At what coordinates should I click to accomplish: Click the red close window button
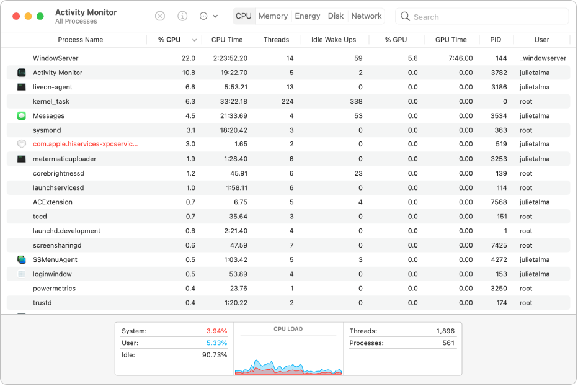16,16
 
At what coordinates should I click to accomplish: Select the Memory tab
273,16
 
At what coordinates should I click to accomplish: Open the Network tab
366,16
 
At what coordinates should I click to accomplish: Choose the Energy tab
308,16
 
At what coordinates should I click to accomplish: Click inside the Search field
484,17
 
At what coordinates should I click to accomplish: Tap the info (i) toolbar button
182,16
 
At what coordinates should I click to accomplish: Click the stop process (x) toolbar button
160,16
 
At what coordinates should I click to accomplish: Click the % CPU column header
169,40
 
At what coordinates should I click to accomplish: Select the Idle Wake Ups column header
334,40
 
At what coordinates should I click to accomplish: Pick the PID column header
496,40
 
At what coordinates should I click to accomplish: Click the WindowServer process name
55,58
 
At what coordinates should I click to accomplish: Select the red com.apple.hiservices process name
85,144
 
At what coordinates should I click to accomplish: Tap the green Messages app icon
22,116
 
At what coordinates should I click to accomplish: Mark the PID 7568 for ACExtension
499,202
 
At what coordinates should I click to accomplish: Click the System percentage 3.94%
216,331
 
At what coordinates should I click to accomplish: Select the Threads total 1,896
445,331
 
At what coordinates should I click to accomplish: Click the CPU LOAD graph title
288,329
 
